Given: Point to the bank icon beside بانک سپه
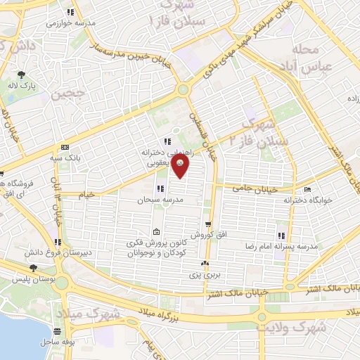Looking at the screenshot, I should (65, 147).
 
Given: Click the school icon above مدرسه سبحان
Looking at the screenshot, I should (161, 188).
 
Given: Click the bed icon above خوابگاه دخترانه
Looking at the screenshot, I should (307, 190).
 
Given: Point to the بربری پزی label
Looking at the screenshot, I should (204, 275).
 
